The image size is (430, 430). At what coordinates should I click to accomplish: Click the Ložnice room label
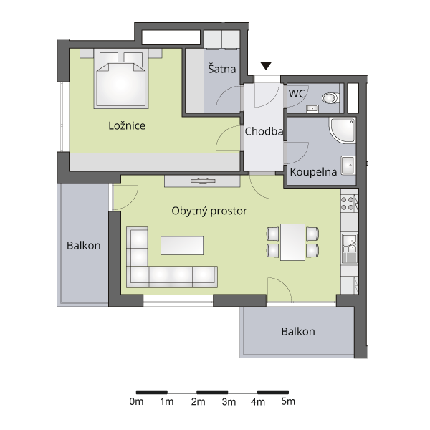[x=127, y=126]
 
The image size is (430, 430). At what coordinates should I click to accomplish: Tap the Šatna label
[x=222, y=68]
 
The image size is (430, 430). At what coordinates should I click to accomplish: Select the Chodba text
[x=264, y=132]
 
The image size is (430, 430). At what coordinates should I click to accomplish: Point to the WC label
[x=297, y=94]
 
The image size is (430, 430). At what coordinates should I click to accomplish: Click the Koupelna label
[x=313, y=172]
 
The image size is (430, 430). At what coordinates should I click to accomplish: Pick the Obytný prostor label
[x=209, y=211]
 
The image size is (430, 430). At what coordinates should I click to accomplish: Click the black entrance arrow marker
[x=266, y=66]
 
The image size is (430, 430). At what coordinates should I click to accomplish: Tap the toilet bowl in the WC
[x=330, y=98]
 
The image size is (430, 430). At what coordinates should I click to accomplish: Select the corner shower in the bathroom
[x=343, y=130]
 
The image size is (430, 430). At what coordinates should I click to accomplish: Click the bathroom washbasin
[x=348, y=166]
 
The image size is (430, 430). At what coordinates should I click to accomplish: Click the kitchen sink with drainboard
[x=350, y=248]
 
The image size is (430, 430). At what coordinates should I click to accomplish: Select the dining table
[x=292, y=242]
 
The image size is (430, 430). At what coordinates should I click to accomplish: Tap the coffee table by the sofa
[x=182, y=246]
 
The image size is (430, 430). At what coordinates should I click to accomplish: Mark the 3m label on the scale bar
[x=229, y=402]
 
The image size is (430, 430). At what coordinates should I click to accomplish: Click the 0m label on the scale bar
[x=136, y=402]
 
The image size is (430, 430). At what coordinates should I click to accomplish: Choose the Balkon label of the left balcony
[x=84, y=245]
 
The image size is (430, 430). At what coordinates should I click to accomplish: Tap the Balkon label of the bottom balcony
[x=298, y=332]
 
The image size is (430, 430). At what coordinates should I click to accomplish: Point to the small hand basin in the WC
[x=312, y=109]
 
